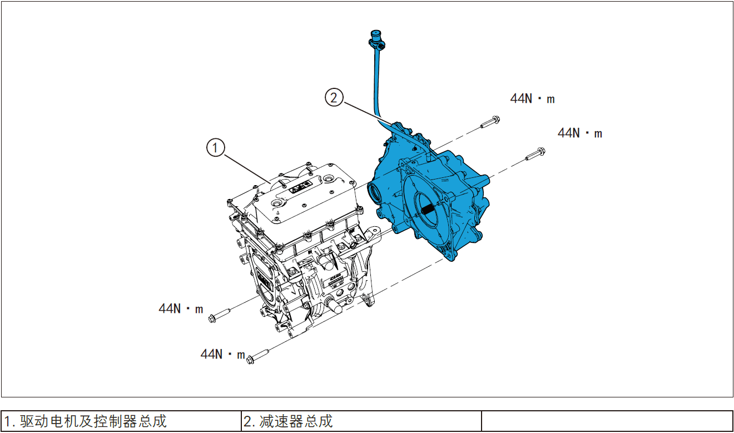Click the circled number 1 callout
point(215,147)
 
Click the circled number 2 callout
point(333,98)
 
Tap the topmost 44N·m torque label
point(532,99)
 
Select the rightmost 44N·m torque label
point(579,133)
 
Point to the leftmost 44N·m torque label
point(181,308)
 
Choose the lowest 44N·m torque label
point(222,354)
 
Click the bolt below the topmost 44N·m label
point(489,121)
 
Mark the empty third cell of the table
point(607,421)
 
